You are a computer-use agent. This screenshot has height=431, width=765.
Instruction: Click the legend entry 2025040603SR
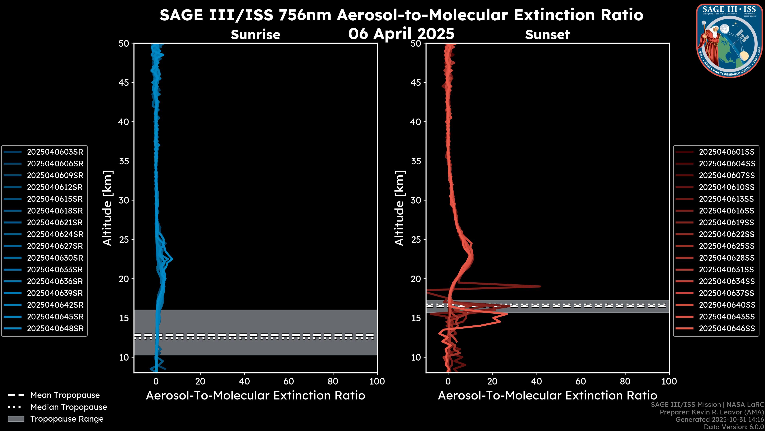[x=55, y=152]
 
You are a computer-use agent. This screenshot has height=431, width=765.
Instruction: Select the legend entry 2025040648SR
[x=55, y=329]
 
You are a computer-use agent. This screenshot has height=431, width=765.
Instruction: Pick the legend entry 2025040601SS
[x=726, y=152]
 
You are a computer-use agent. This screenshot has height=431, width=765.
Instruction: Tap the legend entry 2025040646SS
[x=726, y=329]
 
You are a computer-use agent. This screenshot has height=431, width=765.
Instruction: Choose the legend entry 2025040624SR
[x=55, y=234]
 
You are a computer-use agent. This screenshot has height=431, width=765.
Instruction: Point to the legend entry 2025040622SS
[x=726, y=234]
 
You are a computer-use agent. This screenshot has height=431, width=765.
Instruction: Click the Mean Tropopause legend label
[x=65, y=395]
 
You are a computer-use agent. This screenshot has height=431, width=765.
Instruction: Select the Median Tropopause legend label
[x=68, y=407]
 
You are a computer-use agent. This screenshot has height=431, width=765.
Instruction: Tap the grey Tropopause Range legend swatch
[x=16, y=419]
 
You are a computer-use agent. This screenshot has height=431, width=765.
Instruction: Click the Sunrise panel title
[x=255, y=35]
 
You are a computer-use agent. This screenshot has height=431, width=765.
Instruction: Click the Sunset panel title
[x=547, y=35]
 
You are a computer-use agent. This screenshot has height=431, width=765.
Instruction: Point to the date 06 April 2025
[x=401, y=34]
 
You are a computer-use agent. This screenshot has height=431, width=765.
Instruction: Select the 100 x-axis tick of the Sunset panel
[x=669, y=381]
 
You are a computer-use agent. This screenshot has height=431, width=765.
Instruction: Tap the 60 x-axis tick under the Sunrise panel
[x=289, y=381]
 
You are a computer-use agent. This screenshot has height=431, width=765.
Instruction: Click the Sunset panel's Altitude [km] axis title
[x=399, y=208]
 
